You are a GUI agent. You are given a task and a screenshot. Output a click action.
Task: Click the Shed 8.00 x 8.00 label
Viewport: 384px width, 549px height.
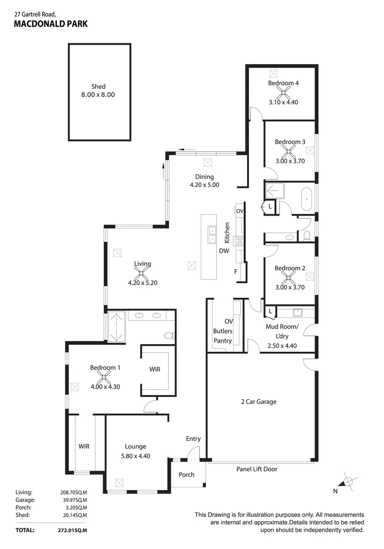[x=99, y=90]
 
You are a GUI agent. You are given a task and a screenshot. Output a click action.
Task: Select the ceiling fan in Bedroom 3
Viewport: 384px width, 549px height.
[x=289, y=150]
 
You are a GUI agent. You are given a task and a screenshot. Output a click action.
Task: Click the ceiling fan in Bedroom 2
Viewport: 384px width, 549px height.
[x=289, y=277]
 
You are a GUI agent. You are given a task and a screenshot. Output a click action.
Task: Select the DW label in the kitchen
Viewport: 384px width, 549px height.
[x=224, y=251]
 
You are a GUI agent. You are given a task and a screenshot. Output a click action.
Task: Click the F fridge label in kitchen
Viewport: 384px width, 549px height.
[x=236, y=272]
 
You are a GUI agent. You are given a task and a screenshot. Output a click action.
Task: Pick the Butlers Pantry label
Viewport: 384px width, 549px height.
[x=222, y=336]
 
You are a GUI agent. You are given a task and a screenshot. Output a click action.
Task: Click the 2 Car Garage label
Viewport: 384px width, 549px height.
[x=259, y=402]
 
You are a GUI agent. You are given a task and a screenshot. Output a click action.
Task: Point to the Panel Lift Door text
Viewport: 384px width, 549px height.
[x=257, y=469]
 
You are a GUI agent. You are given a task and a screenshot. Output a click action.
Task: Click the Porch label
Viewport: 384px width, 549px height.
[x=186, y=475]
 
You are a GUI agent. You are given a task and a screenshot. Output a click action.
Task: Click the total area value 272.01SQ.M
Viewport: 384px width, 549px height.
[x=74, y=530]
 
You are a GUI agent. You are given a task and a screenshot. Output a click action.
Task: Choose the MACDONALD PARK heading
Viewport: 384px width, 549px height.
[x=51, y=24]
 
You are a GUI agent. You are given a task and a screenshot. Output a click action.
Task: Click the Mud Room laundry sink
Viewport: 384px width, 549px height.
[x=297, y=312]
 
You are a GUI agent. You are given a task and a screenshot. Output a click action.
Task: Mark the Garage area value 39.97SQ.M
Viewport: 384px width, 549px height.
[x=74, y=500]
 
